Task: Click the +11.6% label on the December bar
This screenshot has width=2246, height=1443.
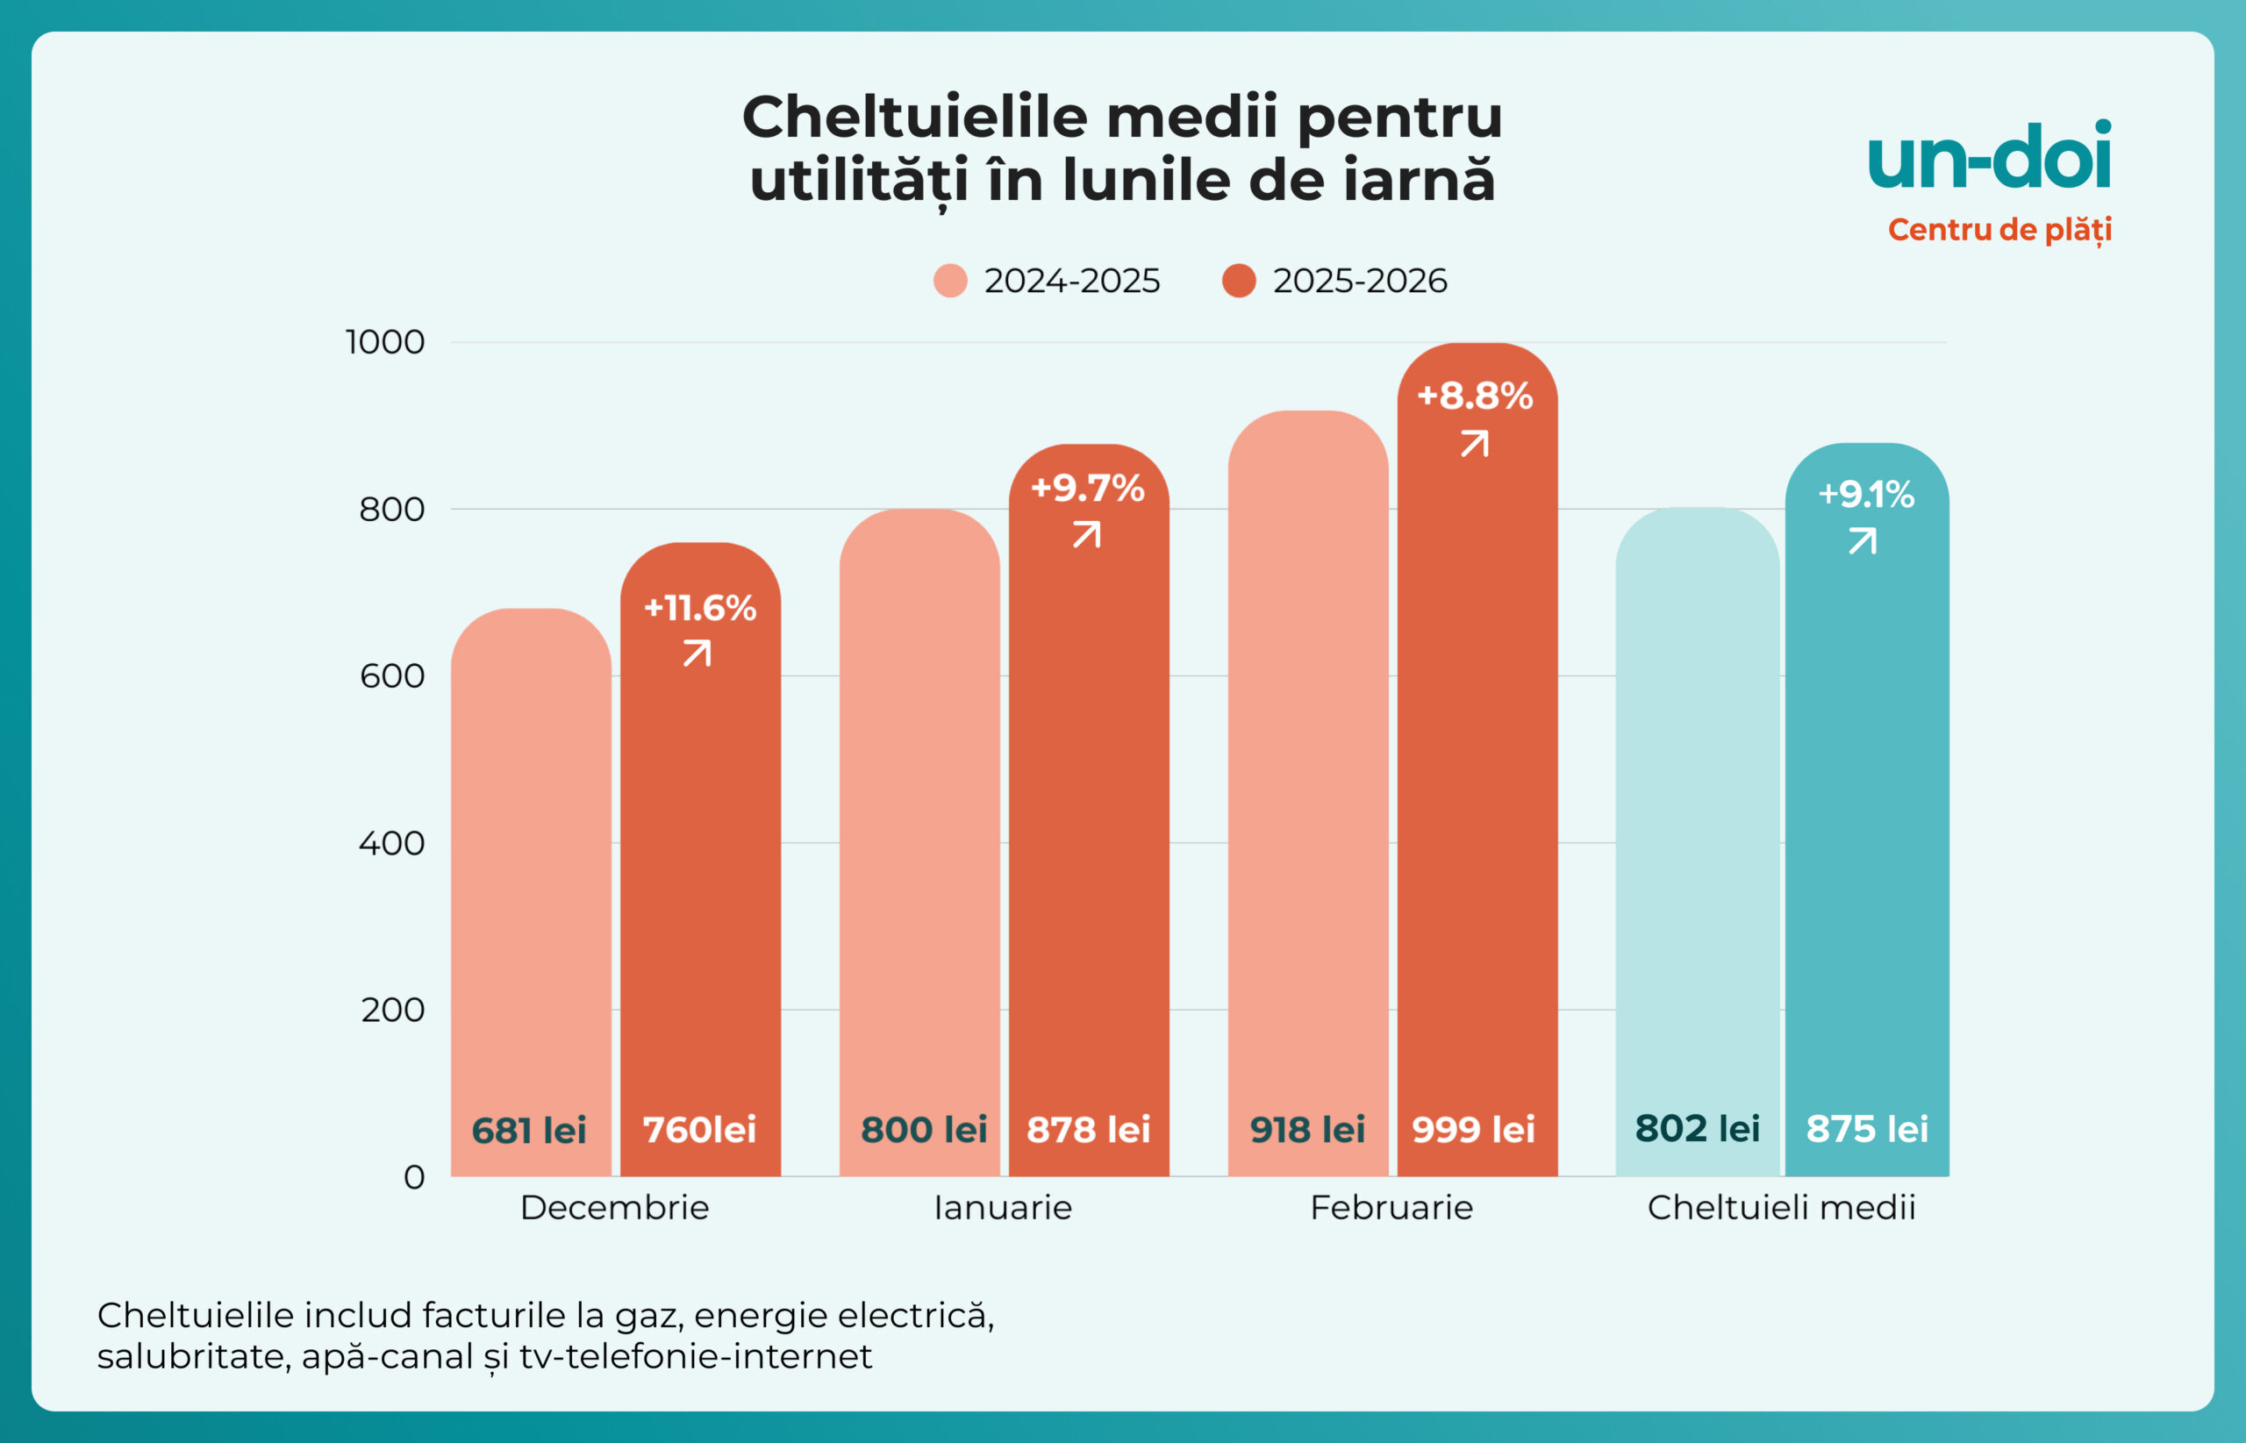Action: (x=700, y=608)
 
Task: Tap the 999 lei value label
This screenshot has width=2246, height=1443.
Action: (x=1473, y=1129)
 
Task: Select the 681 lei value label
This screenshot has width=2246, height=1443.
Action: (x=528, y=1130)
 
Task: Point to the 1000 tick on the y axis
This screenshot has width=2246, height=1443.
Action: (x=385, y=342)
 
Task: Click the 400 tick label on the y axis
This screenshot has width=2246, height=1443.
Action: (x=391, y=843)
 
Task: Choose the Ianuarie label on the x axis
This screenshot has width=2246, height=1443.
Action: (x=1003, y=1208)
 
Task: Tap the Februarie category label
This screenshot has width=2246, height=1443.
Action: (x=1391, y=1208)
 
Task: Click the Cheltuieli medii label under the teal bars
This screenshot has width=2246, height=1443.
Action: (x=1781, y=1208)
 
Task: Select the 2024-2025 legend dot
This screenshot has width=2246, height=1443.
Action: (x=950, y=281)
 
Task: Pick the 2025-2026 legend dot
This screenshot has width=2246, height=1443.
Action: (x=1239, y=281)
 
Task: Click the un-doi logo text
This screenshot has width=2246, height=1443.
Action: (x=1989, y=156)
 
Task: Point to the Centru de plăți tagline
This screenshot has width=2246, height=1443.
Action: (x=1999, y=230)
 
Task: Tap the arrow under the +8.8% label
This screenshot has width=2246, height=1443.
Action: (x=1475, y=443)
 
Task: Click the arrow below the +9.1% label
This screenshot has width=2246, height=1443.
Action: (x=1863, y=540)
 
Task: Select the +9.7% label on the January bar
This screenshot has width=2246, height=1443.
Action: (x=1088, y=489)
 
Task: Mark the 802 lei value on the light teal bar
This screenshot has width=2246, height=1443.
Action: (x=1697, y=1128)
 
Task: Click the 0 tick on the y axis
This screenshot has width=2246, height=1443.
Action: (x=413, y=1177)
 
